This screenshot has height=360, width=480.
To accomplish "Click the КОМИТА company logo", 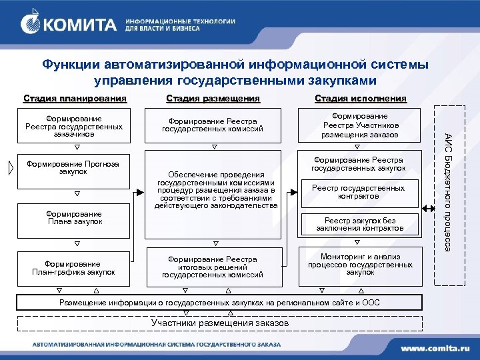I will [70, 25].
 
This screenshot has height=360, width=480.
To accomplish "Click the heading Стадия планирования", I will [74, 99].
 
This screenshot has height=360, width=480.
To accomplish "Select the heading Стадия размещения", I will [213, 99].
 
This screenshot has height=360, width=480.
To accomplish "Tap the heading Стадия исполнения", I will [360, 99].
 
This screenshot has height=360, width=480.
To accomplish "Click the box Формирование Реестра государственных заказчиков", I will [74, 125].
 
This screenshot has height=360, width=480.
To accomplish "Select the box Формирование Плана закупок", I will [74, 217].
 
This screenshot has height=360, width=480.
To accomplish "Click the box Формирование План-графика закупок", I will [74, 268].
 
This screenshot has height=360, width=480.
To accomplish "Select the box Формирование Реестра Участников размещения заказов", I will [360, 125].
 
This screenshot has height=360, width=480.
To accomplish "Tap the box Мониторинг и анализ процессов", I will [360, 264].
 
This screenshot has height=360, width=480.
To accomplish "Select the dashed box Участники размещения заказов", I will [220, 324].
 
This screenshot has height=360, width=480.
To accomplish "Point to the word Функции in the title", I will [70, 65].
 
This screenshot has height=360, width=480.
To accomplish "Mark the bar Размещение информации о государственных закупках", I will [220, 303].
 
